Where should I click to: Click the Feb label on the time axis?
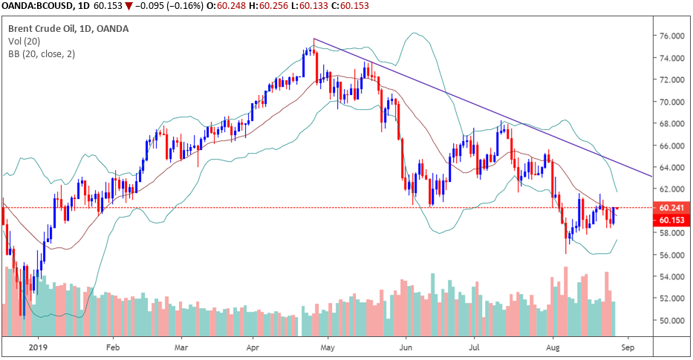tap(113, 346)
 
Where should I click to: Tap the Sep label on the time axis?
tap(628, 346)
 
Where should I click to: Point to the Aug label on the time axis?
tap(553, 346)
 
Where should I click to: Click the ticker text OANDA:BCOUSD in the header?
tap(40, 7)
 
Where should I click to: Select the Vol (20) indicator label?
tap(25, 42)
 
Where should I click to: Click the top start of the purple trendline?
tap(314, 39)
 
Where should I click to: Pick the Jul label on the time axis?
tap(475, 346)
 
